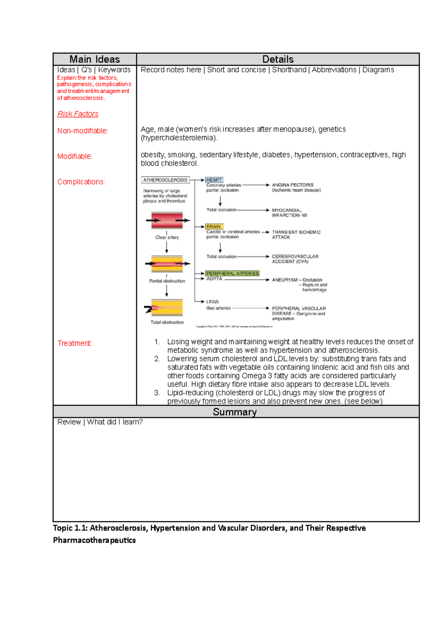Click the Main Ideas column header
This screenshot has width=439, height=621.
click(x=94, y=59)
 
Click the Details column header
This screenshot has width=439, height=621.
click(x=278, y=59)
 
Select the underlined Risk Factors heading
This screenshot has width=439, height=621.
click(x=78, y=114)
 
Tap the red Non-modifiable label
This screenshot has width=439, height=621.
click(x=83, y=131)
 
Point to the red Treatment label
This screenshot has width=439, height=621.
click(x=75, y=343)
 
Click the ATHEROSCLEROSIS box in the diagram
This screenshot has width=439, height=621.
click(x=165, y=180)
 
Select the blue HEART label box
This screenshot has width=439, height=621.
click(x=214, y=180)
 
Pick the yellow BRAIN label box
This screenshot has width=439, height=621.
click(x=214, y=227)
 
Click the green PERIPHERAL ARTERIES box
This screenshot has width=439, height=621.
click(x=232, y=274)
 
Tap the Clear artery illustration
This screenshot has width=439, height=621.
click(x=167, y=221)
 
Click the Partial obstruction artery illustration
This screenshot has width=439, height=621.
click(x=167, y=264)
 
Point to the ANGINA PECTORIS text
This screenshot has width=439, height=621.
click(x=293, y=185)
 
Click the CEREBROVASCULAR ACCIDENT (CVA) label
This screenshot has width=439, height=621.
click(x=295, y=259)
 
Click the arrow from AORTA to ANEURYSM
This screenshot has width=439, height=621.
click(x=247, y=280)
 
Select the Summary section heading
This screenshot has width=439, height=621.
click(x=234, y=412)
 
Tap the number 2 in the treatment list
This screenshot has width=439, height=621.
click(x=157, y=359)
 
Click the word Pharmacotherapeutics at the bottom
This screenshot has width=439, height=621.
click(x=94, y=540)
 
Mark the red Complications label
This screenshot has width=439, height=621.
click(x=81, y=182)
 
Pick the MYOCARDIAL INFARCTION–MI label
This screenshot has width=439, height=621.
click(x=289, y=213)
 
